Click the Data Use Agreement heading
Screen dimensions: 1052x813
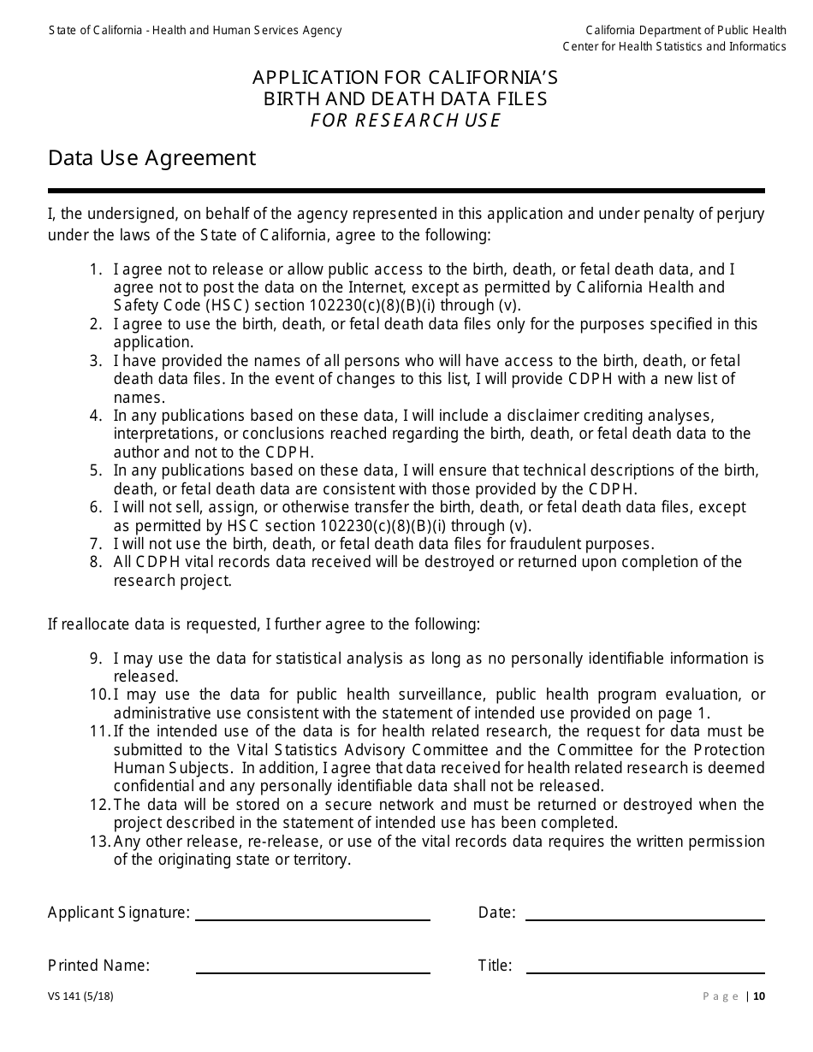point(151,158)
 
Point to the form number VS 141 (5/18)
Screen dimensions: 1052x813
point(80,996)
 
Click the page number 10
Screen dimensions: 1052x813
point(759,996)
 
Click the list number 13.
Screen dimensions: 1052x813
point(100,842)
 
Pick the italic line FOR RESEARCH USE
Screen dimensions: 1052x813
point(405,120)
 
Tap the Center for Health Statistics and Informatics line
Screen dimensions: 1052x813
point(674,46)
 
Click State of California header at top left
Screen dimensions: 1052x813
point(195,30)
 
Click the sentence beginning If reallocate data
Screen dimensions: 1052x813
point(264,624)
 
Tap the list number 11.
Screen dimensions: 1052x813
point(100,731)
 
